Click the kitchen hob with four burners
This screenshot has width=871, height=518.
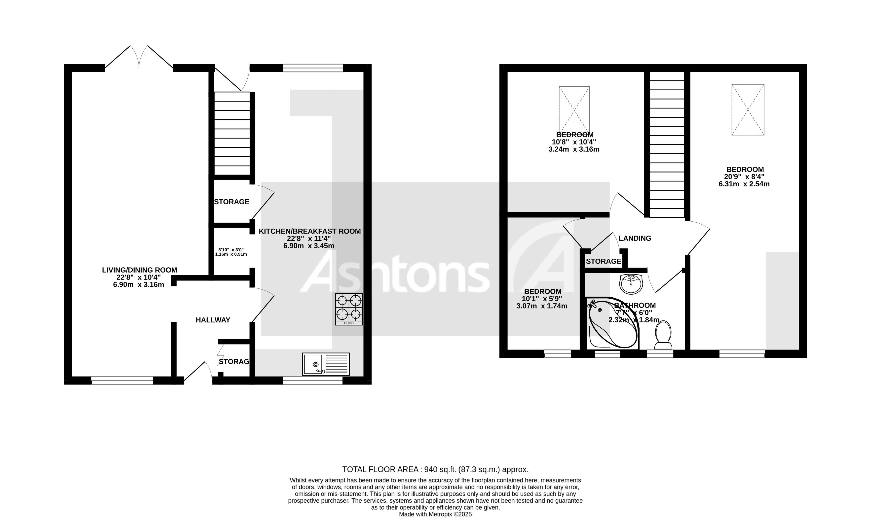click(x=349, y=309)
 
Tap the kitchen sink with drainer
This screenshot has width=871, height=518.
click(x=326, y=364)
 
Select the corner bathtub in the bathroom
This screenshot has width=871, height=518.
click(x=612, y=323)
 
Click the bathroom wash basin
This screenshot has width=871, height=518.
click(x=631, y=284)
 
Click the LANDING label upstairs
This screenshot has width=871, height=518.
click(x=635, y=239)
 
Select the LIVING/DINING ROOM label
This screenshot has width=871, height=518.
click(x=139, y=270)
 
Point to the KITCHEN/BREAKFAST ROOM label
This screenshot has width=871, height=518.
click(x=309, y=231)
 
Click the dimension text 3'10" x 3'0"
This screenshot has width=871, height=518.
click(x=231, y=250)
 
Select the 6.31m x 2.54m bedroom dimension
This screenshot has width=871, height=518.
click(x=744, y=184)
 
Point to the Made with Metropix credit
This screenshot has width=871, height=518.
click(x=435, y=514)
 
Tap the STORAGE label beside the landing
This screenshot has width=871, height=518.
click(x=604, y=261)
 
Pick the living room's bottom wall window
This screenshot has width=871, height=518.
click(x=122, y=380)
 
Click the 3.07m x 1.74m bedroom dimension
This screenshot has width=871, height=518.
click(x=542, y=306)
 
